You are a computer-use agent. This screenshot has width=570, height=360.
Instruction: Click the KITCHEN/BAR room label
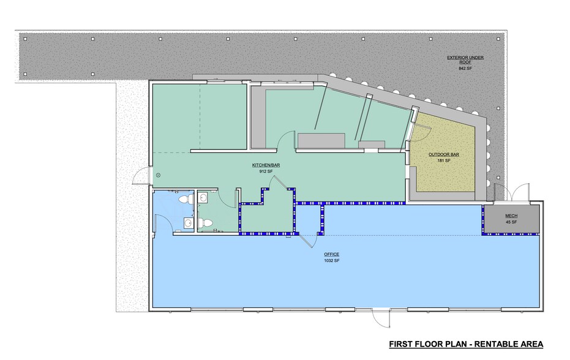click(266, 165)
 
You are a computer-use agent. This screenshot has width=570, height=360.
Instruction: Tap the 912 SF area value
click(266, 171)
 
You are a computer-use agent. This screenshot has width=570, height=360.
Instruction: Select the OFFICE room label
click(332, 255)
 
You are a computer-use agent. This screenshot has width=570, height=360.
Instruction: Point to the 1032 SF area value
click(332, 261)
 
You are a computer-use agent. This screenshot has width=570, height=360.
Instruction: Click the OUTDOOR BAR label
click(443, 154)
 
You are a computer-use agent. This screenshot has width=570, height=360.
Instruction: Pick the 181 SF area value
click(444, 160)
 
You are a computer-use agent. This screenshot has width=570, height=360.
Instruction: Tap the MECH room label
click(511, 216)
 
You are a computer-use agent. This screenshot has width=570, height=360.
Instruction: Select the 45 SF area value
click(511, 222)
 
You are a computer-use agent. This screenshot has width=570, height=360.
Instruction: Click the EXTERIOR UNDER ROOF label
click(465, 59)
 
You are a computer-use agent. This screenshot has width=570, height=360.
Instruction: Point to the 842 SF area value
click(465, 69)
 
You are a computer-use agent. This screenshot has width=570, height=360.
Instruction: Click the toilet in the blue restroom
click(186, 199)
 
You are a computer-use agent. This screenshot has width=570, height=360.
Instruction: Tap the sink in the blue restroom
click(189, 222)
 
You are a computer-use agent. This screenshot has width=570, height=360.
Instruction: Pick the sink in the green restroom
click(203, 198)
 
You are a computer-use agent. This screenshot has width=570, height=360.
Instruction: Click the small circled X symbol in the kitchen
click(159, 175)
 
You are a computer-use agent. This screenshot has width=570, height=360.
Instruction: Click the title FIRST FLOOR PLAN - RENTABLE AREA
click(466, 344)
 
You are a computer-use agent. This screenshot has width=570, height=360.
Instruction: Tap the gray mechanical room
click(511, 219)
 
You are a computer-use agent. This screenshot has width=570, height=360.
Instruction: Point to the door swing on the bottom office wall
click(381, 318)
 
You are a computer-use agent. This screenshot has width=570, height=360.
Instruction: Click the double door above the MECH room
click(511, 193)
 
